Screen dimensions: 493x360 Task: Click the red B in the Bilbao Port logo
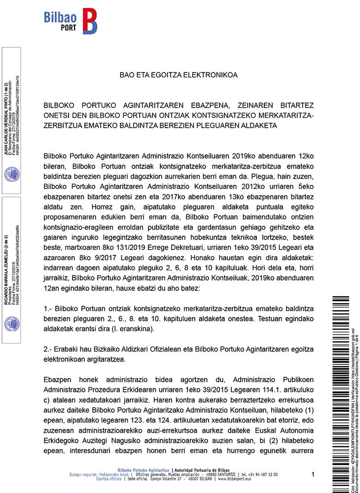(89, 21)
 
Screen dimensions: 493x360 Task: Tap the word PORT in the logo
(69, 28)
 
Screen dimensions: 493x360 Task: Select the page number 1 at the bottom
(313, 474)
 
